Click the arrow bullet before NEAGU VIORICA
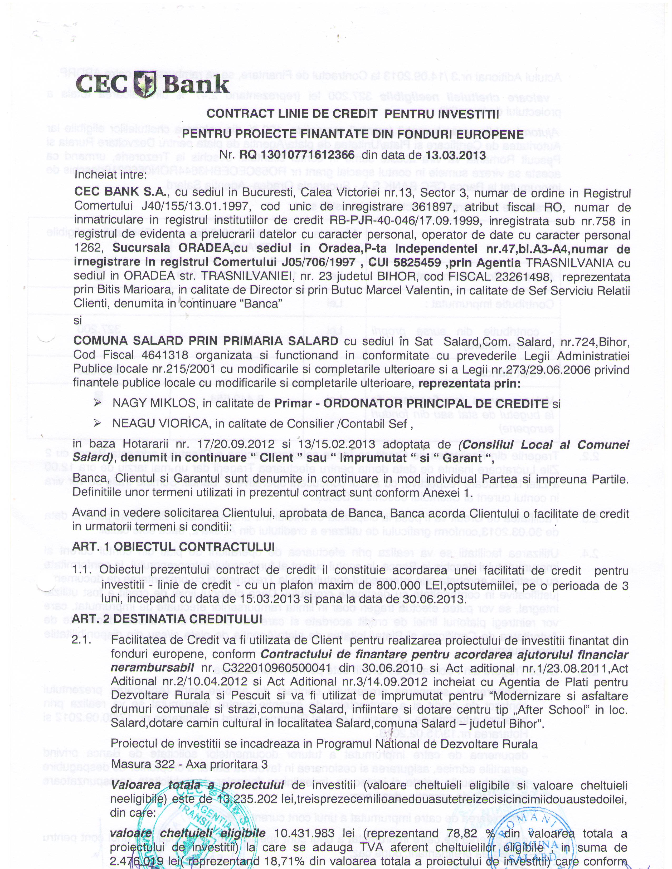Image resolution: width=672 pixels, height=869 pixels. click(97, 424)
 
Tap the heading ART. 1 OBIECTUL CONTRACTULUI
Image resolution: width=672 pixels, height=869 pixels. click(174, 546)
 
